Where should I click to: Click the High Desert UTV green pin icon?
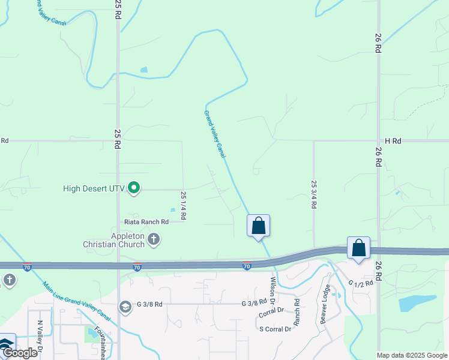[134, 188]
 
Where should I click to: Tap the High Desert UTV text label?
[94, 188]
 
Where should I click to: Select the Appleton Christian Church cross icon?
[154, 239]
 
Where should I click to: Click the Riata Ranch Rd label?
[146, 221]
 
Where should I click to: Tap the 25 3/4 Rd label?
[313, 194]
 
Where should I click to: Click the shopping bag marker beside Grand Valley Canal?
[258, 226]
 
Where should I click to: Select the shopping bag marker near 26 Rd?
[358, 248]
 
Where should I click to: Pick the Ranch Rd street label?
[297, 308]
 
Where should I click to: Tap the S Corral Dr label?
[275, 329]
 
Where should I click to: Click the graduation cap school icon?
[125, 307]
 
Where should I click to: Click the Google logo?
[19, 353]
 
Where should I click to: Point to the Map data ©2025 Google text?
[412, 355]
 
